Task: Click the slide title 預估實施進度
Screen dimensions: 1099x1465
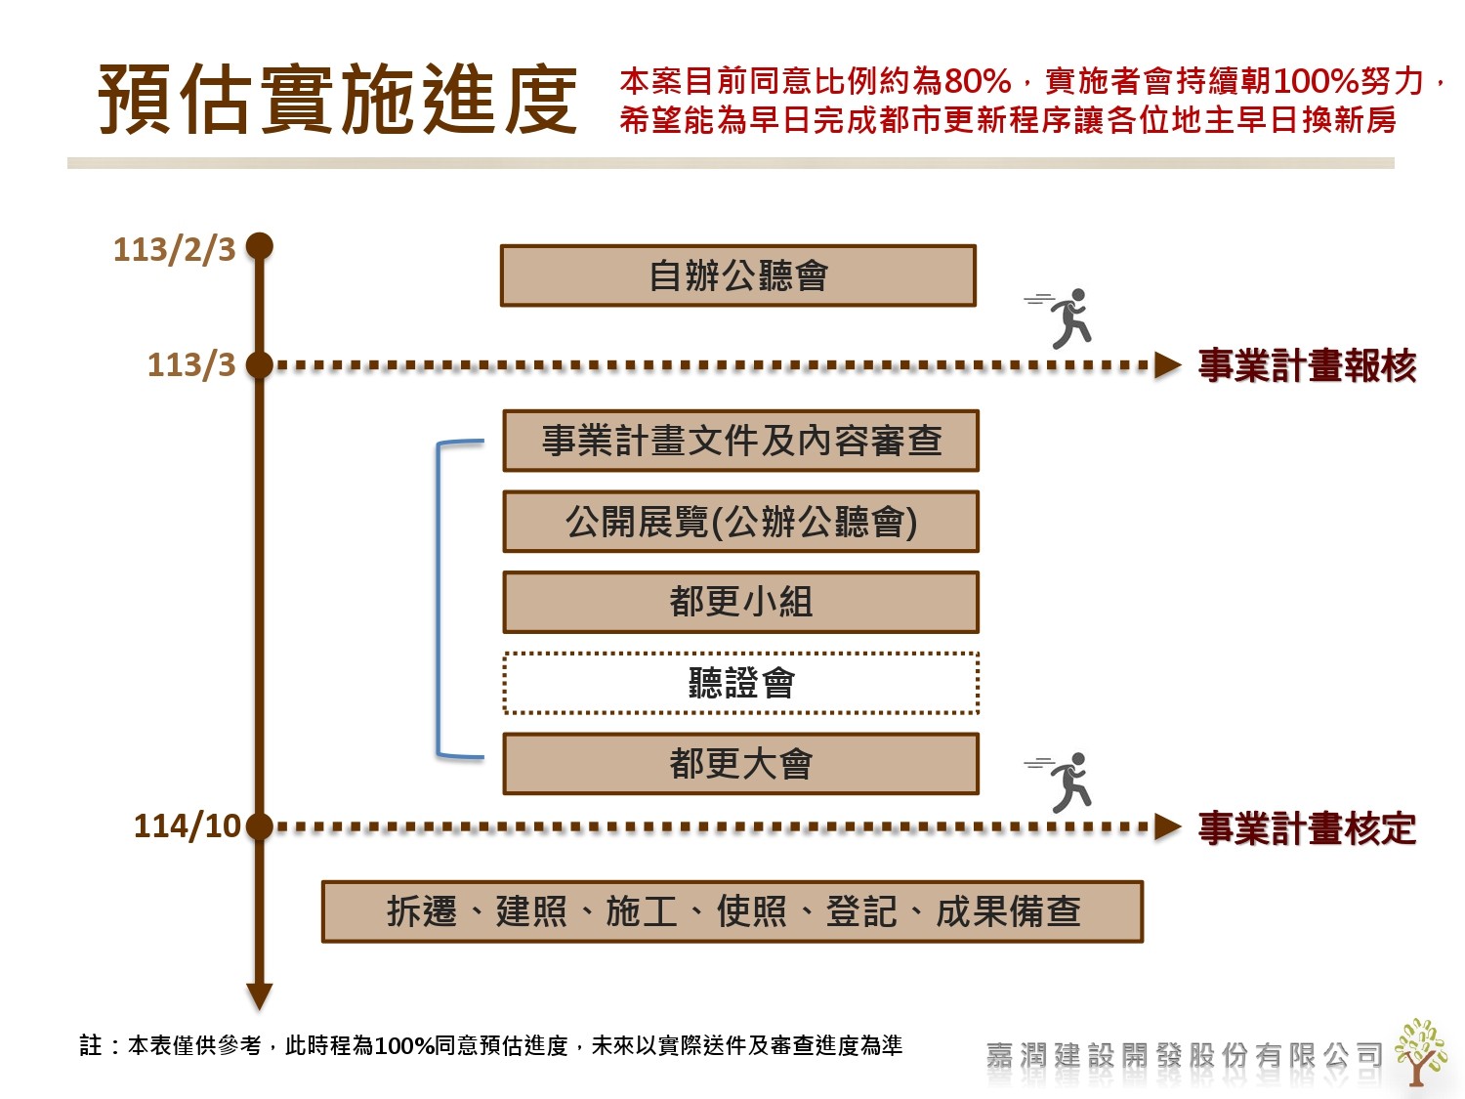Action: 338,99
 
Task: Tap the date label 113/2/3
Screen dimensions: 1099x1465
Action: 175,249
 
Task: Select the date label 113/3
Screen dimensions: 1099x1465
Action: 191,364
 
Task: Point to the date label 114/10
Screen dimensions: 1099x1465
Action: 187,826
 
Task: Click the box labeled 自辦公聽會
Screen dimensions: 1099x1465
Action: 738,275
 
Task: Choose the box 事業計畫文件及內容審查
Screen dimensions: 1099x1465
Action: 740,441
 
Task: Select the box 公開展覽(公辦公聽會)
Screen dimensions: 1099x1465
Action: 740,522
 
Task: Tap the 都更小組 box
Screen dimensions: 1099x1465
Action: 740,602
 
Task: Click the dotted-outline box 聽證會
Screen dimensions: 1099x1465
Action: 740,683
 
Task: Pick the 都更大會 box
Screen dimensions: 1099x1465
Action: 740,764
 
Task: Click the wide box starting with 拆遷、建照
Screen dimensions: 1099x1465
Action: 732,911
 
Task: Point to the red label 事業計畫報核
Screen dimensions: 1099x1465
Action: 1307,365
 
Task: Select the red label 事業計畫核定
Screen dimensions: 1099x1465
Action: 1307,828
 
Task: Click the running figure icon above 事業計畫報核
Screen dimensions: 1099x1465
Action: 1064,317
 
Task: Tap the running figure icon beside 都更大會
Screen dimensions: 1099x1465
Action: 1064,782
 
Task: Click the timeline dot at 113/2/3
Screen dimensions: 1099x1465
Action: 259,246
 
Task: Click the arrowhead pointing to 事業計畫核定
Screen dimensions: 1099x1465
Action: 1168,827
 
